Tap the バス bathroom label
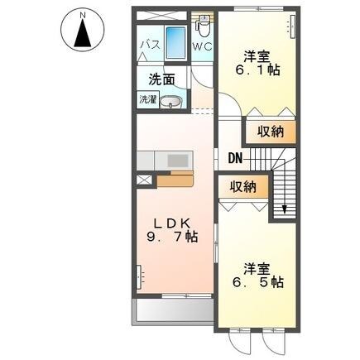(x=149, y=42)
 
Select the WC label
(x=203, y=47)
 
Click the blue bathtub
(x=176, y=42)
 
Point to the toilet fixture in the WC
(x=204, y=23)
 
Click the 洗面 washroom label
(x=161, y=80)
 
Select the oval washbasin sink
(x=170, y=103)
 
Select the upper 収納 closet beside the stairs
(x=270, y=130)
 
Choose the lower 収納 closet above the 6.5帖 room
(x=242, y=188)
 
